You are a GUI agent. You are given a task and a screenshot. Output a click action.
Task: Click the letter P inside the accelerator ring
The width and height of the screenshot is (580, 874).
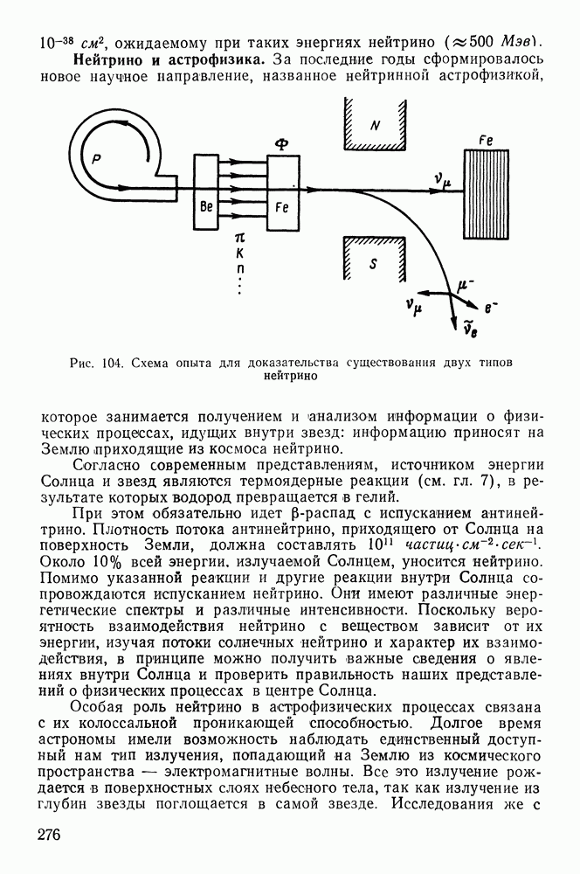click(96, 159)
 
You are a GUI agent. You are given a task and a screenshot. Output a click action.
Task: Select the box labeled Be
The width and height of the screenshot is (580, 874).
click(206, 192)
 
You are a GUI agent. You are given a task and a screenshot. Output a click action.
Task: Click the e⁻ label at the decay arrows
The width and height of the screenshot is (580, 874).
click(491, 307)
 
